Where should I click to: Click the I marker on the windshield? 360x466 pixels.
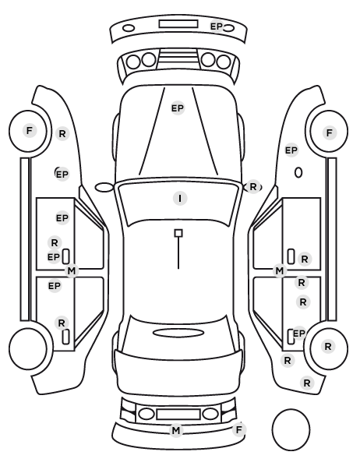(x=180, y=198)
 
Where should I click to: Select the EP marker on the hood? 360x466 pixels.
(x=178, y=108)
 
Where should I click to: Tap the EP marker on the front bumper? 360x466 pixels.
(x=217, y=26)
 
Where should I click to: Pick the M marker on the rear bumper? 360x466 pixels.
(x=175, y=430)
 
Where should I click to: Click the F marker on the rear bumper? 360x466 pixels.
(x=238, y=429)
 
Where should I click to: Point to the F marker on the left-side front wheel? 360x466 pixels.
(x=29, y=130)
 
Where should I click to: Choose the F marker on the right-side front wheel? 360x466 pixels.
(x=329, y=132)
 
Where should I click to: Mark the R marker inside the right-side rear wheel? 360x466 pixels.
(x=328, y=347)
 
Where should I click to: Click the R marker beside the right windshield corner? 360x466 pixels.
(x=253, y=187)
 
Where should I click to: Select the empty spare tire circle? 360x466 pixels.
(x=291, y=429)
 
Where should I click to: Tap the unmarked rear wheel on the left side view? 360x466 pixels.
(x=28, y=348)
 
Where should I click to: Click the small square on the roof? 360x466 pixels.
(x=178, y=233)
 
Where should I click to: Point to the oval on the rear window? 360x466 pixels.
(x=178, y=333)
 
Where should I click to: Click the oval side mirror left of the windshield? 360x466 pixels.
(x=104, y=188)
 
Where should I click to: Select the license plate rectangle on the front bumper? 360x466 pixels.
(x=178, y=24)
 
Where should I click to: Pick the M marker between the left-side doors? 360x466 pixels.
(x=72, y=270)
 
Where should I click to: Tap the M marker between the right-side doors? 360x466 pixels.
(x=280, y=270)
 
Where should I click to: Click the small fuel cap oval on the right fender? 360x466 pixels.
(x=298, y=173)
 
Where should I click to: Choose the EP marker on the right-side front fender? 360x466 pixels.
(x=291, y=150)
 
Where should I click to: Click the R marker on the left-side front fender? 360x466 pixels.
(x=62, y=134)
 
